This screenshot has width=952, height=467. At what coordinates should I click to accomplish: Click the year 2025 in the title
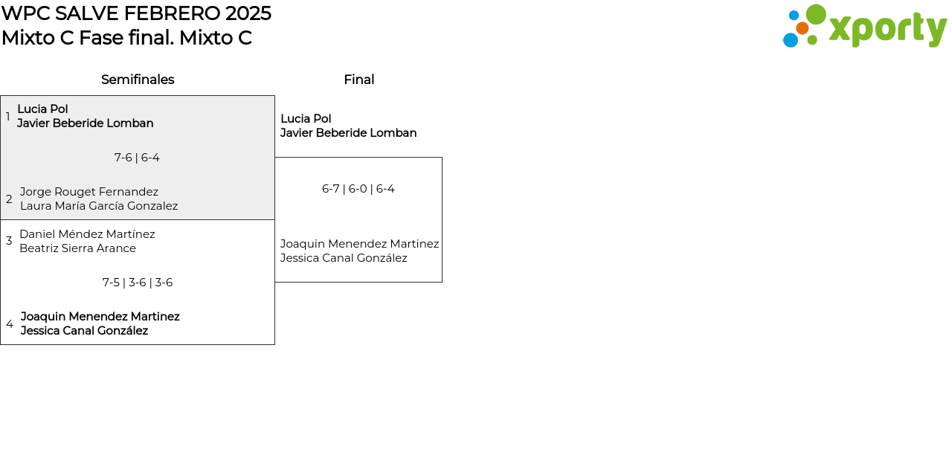coord(248,13)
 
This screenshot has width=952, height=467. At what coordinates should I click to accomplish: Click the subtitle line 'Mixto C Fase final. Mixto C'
coord(126,38)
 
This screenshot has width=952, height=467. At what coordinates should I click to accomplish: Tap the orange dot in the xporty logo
coord(802,28)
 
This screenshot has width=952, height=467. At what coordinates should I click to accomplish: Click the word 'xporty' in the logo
coord(887,29)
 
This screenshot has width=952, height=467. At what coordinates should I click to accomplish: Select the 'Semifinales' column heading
coord(138,80)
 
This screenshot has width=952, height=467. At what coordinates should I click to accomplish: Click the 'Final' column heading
coord(358,80)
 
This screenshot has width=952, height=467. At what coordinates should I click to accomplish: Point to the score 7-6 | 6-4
coord(137,158)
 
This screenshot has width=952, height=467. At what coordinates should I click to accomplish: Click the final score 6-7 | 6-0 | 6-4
coord(358,189)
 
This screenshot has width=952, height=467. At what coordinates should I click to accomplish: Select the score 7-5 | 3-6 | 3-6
coord(138,283)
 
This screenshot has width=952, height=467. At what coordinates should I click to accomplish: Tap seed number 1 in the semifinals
coord(8,117)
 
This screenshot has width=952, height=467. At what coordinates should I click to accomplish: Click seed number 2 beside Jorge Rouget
coord(9,199)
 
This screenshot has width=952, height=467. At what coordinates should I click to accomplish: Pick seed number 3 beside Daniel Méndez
coord(9,241)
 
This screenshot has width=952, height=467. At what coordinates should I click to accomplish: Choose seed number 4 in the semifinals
coord(10,324)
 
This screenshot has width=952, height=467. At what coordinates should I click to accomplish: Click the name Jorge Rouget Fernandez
coord(89,192)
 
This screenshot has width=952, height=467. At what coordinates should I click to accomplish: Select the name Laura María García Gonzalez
coord(99,206)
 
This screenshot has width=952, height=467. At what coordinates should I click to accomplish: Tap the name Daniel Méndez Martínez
coord(87,234)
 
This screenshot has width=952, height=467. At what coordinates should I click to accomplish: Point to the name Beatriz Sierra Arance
coord(77,248)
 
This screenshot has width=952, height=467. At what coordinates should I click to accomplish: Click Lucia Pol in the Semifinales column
coord(42,109)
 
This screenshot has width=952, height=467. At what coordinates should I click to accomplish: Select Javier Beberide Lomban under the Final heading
coord(348,133)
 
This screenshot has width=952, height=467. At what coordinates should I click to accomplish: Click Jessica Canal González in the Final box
coord(344,258)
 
